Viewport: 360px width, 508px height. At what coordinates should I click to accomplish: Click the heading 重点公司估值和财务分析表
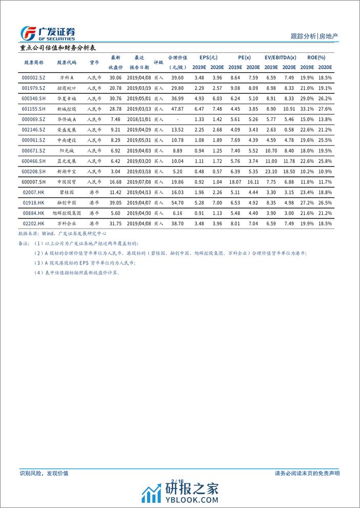pos(58,48)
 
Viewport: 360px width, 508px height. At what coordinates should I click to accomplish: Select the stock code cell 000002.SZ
pos(34,77)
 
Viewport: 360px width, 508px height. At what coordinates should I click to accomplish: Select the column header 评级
pos(158,62)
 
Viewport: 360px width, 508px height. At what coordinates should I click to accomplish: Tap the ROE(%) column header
pos(316,58)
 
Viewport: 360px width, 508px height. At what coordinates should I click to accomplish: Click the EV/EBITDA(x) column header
pos(281,58)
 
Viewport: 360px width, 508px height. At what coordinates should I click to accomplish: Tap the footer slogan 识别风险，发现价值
pos(44,474)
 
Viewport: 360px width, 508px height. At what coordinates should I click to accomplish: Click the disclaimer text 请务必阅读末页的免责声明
pos(307,474)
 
